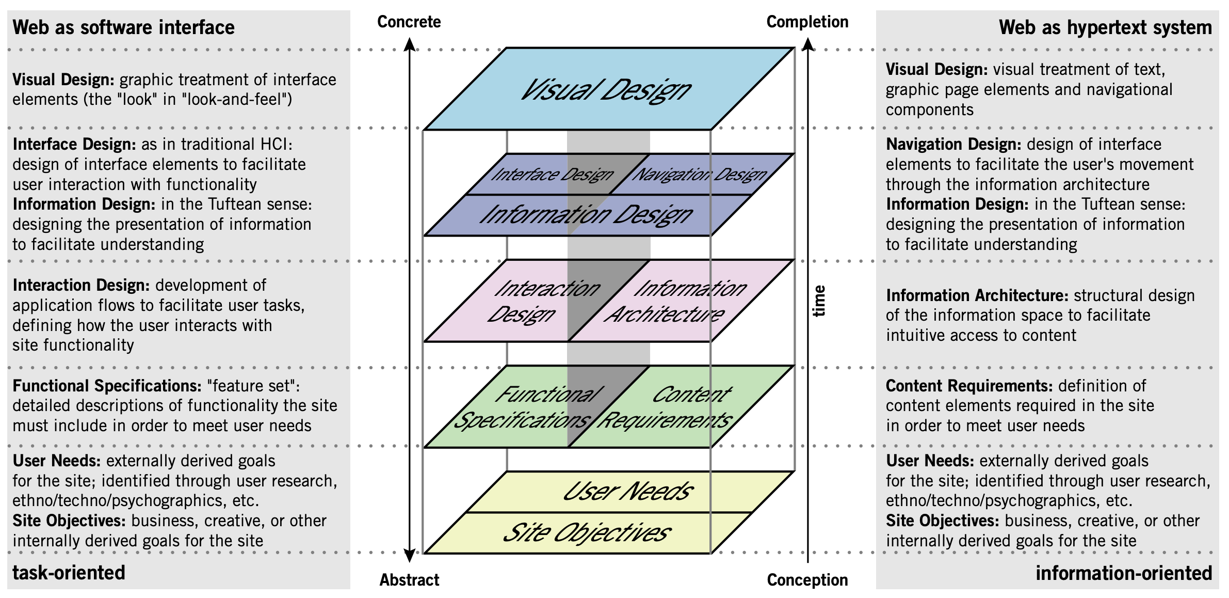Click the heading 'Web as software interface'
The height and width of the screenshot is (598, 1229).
(123, 27)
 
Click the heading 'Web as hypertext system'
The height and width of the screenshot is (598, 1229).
(1105, 27)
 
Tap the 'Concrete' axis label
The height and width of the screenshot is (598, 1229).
(409, 22)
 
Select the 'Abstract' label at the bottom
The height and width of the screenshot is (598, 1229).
(409, 580)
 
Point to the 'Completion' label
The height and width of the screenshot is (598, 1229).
(807, 22)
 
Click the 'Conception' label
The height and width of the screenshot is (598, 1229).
(807, 580)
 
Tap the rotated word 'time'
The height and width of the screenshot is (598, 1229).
(819, 301)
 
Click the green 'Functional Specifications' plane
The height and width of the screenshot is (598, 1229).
(526, 407)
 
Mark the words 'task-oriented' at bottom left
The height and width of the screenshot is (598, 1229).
(69, 573)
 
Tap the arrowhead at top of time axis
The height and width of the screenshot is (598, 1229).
(808, 44)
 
